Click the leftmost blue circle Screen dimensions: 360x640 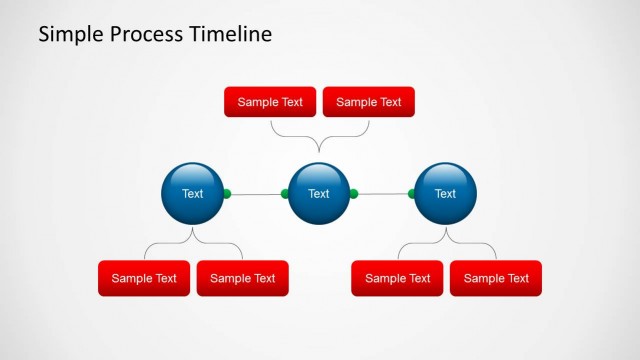192,193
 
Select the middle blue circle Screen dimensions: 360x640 319,193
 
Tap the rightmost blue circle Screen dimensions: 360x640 445,193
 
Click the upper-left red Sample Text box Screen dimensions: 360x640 270,102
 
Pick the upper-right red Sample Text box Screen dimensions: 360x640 368,102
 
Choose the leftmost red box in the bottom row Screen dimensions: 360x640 144,278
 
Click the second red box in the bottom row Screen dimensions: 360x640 242,278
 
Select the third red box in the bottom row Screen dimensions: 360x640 397,278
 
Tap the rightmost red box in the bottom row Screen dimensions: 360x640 496,278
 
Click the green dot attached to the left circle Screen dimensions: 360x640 227,193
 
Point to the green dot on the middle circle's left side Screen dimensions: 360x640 285,193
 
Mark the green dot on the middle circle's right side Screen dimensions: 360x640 353,193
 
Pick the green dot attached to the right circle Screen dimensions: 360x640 411,193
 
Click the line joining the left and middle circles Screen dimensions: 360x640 256,193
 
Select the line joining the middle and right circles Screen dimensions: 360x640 382,193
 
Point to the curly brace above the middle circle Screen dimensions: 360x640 319,137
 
